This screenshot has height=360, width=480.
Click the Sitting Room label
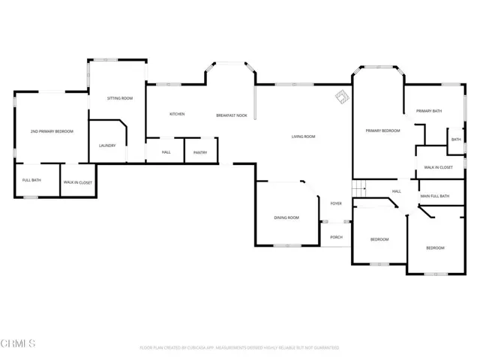120,98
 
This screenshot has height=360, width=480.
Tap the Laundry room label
107,145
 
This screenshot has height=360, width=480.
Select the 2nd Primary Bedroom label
52,131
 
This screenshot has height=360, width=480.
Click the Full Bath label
31,180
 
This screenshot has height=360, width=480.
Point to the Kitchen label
177,114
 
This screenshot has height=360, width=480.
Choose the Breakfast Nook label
232,115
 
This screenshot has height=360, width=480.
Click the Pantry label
200,152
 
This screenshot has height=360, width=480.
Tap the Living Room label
303,136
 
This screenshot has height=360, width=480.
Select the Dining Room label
286,217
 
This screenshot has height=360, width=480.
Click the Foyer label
336,203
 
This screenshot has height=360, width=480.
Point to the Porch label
336,237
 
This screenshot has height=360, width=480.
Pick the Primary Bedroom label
382,130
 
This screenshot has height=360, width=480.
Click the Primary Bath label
429,111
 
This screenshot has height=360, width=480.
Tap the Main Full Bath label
434,196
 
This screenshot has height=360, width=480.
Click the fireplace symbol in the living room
341,97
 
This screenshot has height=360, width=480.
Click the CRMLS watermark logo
18,343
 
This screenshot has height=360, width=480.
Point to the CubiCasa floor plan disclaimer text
240,348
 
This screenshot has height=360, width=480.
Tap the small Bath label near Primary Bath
456,139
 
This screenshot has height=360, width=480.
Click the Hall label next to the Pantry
166,152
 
